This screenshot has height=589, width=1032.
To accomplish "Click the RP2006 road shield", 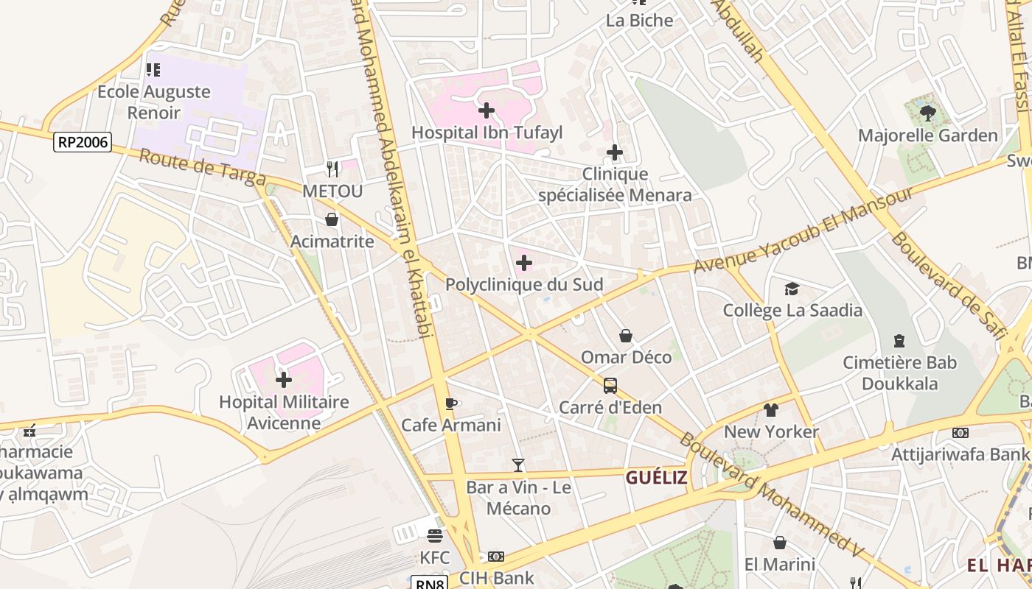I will pos(82,142).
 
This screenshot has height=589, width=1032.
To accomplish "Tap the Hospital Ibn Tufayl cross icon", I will pos(487,111).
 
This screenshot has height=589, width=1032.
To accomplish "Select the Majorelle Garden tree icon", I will pos(927,113).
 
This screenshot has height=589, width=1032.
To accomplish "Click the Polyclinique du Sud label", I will pos(524,284).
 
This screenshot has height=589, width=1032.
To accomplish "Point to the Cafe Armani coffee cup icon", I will pos(451,403).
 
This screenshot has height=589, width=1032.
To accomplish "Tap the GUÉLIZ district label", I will pos(656,478).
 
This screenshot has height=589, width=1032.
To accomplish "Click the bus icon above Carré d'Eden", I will pos(610,386).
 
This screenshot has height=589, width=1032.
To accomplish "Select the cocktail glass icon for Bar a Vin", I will pos(518,465).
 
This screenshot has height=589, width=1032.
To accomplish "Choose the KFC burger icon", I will pos(435,535).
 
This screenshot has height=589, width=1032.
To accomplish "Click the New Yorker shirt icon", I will pos(771,410).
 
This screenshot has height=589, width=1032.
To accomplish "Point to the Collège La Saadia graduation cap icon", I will pos(792,289).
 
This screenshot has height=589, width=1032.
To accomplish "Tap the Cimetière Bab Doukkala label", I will pos(900,373).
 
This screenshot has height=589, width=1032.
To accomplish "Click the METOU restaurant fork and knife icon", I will pos(332,169).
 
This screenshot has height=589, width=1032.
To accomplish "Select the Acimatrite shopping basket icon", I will pos(332,219).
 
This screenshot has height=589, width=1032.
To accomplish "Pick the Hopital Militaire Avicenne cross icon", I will pos(284,380).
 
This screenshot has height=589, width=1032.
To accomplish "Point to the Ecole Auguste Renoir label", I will pos(154,102).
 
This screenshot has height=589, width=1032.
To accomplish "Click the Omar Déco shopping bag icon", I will pos(626,336).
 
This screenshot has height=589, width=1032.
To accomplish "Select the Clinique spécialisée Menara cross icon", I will pos(615,152).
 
